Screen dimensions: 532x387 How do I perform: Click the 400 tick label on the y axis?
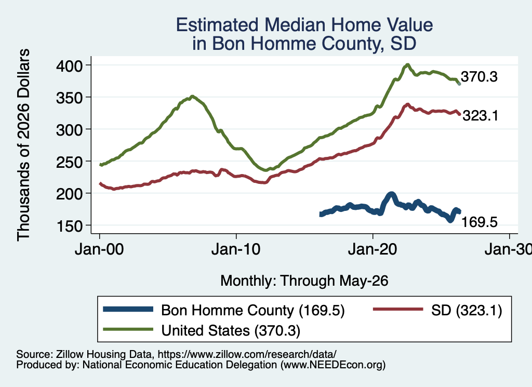coord(69,65)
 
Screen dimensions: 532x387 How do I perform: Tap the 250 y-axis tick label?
coord(69,162)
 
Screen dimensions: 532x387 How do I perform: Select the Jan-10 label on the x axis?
coord(236,249)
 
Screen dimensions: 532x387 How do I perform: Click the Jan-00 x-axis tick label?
coord(99,249)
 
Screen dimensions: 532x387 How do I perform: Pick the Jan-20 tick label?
coord(373,249)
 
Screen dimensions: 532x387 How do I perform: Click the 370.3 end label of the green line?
coord(479,77)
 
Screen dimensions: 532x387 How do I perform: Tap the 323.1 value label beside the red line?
coord(481,116)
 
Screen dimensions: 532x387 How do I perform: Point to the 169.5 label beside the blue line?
coord(480,222)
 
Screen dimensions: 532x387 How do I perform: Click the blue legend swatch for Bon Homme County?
coord(128,309)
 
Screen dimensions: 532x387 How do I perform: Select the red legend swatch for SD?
coord(398,309)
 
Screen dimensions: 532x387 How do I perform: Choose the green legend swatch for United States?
coord(128,329)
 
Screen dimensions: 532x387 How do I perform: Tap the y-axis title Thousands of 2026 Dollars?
coord(23,145)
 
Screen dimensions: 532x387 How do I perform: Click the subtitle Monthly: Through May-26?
coord(304,281)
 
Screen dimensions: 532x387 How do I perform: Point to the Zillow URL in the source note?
coord(247,354)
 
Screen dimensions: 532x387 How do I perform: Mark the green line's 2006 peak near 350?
coord(192,96)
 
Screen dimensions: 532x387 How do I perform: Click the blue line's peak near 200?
coord(391,194)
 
